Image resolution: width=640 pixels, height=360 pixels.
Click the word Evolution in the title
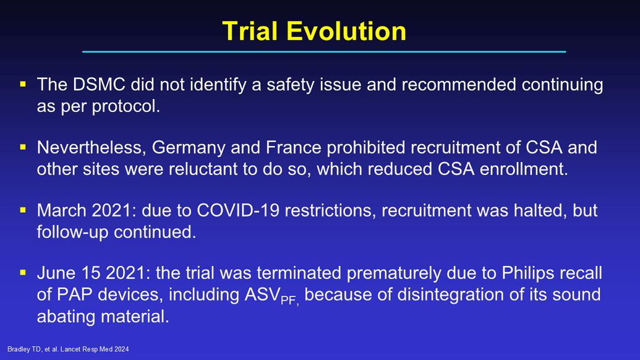[x=346, y=31]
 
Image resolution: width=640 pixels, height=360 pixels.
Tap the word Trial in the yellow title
[x=250, y=31]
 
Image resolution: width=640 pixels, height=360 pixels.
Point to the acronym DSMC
[x=99, y=85]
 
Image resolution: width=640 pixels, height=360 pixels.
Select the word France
[x=294, y=147]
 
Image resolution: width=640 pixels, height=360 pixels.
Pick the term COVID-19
[x=238, y=210]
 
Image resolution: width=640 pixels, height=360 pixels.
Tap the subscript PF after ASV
[x=289, y=301]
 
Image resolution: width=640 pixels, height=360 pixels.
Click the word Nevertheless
[x=92, y=148]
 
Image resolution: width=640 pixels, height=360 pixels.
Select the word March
[x=62, y=210]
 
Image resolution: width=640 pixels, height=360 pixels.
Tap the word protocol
[x=126, y=106]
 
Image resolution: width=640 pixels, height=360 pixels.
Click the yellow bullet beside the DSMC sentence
[x=23, y=84]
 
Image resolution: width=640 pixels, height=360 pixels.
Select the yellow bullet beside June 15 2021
[x=23, y=272]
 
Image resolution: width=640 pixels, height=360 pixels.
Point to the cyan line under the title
[x=324, y=52]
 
